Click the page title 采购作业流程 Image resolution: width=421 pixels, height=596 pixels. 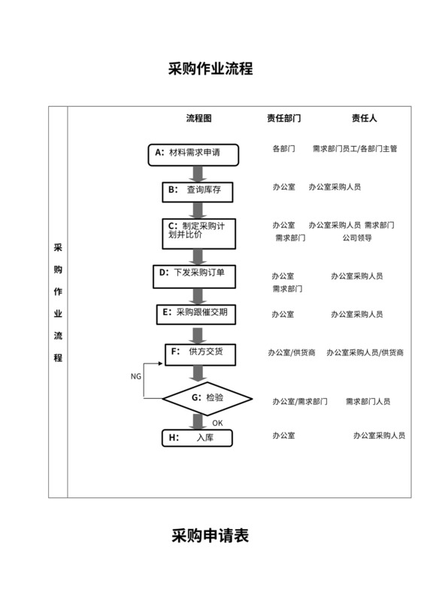210,69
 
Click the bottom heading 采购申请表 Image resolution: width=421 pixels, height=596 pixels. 210,536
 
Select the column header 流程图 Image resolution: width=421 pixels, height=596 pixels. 198,118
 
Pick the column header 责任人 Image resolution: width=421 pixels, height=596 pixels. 364,118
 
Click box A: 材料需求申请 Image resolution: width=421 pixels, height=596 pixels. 194,154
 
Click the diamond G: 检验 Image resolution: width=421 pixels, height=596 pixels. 207,397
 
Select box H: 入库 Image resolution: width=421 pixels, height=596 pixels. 198,437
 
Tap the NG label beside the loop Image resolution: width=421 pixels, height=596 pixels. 135,376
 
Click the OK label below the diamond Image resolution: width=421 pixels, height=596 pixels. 217,423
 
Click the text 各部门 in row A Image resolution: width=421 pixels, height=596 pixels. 283,149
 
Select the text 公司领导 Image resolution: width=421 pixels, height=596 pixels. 356,238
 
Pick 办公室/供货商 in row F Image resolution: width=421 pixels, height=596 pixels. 291,352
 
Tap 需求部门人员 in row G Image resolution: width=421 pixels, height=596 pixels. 368,402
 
